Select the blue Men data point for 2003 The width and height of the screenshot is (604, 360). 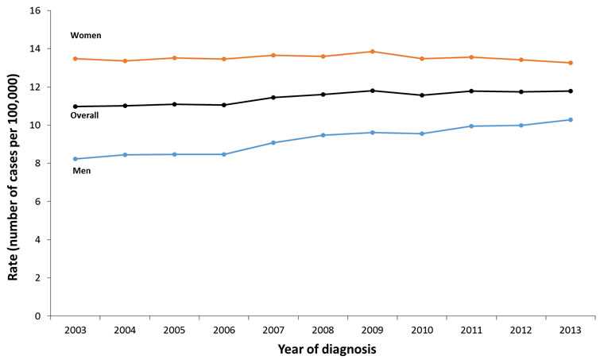[75, 159]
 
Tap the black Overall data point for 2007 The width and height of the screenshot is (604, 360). [273, 98]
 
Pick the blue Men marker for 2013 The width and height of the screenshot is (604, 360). [570, 120]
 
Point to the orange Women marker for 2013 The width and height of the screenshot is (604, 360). [570, 63]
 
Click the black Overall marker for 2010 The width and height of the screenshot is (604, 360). [422, 95]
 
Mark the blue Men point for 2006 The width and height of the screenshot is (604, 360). [224, 154]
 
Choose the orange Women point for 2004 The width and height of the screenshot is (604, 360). [125, 61]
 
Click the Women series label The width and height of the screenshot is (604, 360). [86, 36]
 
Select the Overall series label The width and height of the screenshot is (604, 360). [84, 116]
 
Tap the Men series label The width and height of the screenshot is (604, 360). [81, 171]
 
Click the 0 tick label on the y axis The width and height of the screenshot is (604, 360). [38, 316]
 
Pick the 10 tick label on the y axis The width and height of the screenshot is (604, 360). [35, 126]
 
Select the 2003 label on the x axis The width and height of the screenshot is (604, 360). [75, 328]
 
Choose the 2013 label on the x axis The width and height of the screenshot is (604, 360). [570, 328]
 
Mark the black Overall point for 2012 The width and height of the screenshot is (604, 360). [521, 92]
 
